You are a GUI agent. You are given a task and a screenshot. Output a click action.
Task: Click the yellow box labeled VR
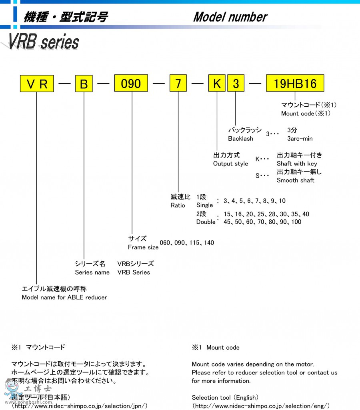point(37,84)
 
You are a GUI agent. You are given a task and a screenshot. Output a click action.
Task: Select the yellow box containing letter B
point(84,84)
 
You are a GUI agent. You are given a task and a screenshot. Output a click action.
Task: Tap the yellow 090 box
point(131,84)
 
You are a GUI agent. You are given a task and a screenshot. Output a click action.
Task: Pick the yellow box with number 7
point(178,84)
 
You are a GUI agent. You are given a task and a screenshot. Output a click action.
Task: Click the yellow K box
point(217,84)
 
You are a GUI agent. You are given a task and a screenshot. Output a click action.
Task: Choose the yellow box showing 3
point(236,84)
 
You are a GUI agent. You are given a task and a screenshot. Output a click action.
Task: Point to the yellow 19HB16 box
point(295,84)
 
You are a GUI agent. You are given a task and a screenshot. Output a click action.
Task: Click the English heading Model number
point(230,17)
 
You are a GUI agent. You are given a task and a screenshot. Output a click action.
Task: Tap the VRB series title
point(43,42)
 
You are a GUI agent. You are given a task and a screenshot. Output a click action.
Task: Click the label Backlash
point(240,139)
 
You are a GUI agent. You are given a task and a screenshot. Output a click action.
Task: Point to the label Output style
point(230,163)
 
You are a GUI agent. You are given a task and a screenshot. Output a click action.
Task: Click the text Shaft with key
point(297,163)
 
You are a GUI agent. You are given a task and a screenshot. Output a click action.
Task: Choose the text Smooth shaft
point(296,180)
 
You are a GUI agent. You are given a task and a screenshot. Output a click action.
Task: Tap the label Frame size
point(143,247)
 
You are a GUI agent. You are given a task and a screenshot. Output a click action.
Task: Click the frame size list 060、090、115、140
point(187,243)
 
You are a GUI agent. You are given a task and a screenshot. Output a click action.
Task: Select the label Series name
point(92,272)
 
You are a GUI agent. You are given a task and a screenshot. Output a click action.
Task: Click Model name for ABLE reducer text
point(64,297)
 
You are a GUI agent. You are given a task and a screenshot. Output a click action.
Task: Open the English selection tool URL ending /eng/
point(261,406)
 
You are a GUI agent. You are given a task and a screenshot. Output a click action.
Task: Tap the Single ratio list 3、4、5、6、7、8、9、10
point(254,201)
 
